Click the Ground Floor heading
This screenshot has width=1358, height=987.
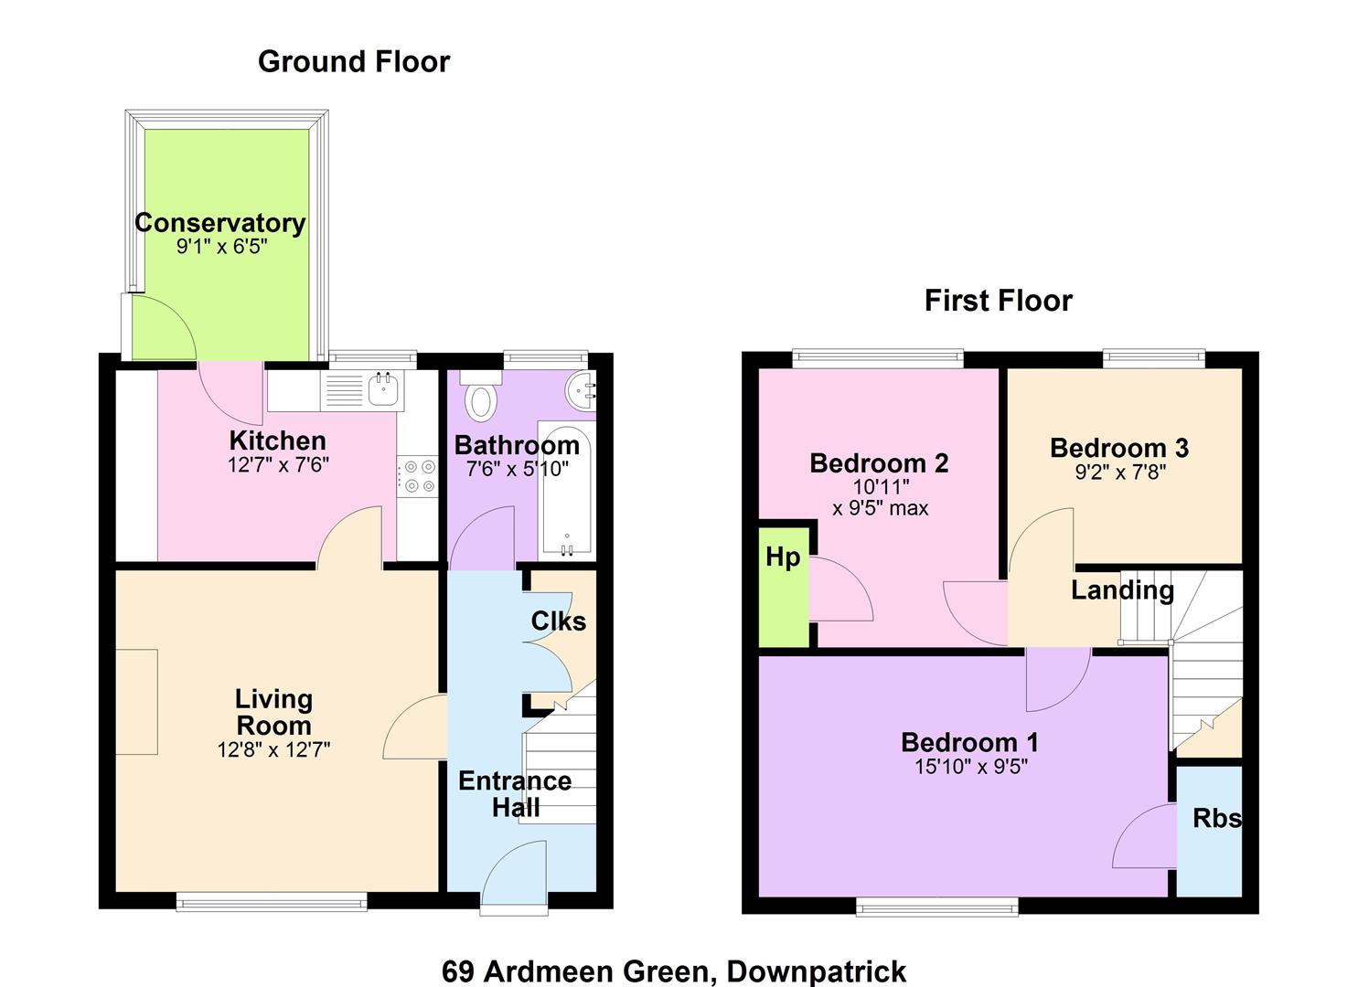tap(354, 62)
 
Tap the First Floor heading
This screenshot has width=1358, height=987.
tap(999, 301)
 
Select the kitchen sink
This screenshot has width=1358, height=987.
tap(384, 389)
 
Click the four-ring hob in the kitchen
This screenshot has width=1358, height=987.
tap(417, 476)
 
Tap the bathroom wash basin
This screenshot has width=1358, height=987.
tap(581, 388)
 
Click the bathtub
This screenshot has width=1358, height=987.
tap(567, 488)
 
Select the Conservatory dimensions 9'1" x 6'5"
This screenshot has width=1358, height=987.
tap(222, 247)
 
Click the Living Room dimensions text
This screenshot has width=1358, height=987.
tap(273, 750)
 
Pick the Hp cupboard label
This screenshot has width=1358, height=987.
tap(783, 557)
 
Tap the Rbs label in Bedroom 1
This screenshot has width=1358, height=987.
tap(1216, 819)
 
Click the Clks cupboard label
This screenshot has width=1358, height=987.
tap(559, 621)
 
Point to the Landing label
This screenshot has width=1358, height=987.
tap(1122, 590)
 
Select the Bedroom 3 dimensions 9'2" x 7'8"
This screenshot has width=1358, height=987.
tap(1119, 472)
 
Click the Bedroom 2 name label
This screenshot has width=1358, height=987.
tap(879, 463)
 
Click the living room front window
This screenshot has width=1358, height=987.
tap(272, 902)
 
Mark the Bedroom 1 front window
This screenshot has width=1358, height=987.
tap(937, 907)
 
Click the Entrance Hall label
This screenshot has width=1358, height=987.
tap(515, 794)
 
